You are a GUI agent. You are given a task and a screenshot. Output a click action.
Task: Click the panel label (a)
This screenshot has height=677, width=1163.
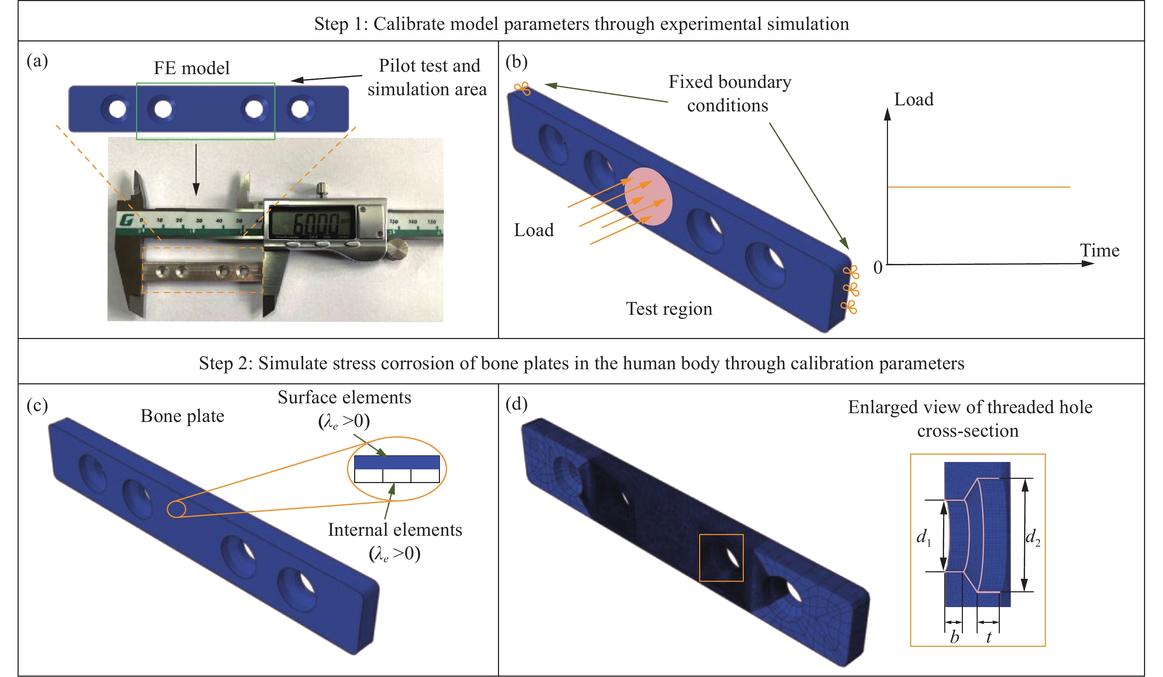click(x=37, y=61)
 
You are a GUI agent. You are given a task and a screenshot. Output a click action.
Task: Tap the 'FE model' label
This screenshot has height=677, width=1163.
click(x=192, y=68)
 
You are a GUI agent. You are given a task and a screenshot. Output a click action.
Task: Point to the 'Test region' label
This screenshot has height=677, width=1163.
click(x=669, y=308)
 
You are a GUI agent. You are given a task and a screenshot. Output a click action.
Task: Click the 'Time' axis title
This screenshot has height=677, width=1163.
click(x=1099, y=250)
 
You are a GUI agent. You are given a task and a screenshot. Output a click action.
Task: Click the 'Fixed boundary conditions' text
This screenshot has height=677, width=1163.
click(x=729, y=93)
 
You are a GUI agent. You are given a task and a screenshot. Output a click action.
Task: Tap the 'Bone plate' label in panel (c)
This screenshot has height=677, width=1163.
click(x=182, y=416)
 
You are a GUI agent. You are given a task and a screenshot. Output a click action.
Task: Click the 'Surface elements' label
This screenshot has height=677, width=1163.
click(x=344, y=398)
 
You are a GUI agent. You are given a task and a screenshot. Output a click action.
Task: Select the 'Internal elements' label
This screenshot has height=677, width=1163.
click(x=395, y=530)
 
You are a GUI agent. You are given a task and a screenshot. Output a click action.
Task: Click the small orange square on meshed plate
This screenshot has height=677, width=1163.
click(x=721, y=558)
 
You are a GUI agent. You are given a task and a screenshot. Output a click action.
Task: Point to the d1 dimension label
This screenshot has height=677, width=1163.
click(x=924, y=537)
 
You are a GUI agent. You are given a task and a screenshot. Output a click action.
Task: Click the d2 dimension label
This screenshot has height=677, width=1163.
click(x=1033, y=537)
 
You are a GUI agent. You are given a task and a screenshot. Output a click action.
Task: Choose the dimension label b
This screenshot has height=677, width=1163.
click(x=954, y=637)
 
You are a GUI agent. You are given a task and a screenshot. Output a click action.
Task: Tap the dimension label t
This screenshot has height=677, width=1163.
click(x=989, y=637)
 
